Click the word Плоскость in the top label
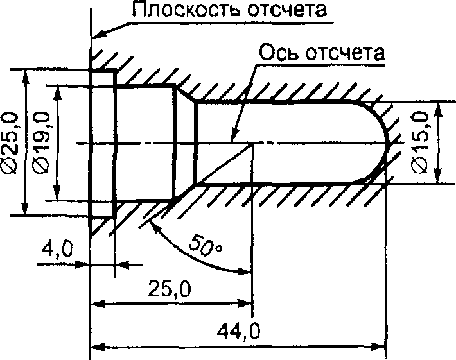186,9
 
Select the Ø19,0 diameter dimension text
41,142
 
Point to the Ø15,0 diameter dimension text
421,142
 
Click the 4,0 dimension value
57,250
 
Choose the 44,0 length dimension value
238,331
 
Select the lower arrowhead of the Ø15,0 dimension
437,175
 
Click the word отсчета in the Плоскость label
287,10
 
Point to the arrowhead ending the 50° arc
244,271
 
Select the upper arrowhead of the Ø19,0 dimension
58,93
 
